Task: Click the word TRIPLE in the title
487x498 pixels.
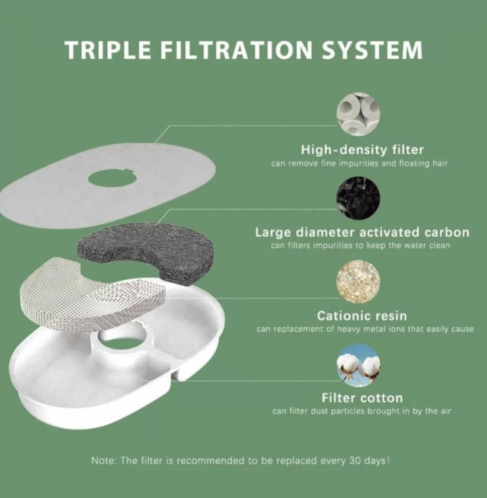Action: pyautogui.click(x=108, y=50)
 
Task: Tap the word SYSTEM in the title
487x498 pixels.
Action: pyautogui.click(x=372, y=50)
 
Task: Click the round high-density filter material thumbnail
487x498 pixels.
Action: pyautogui.click(x=358, y=114)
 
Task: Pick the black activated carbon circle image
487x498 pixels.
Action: pyautogui.click(x=358, y=197)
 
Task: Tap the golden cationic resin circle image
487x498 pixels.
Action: pyautogui.click(x=358, y=282)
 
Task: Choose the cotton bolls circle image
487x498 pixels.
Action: pyautogui.click(x=358, y=365)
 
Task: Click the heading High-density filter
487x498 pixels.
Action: pyautogui.click(x=362, y=150)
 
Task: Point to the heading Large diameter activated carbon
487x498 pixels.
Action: pyautogui.click(x=362, y=232)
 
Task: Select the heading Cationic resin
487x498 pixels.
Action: pyautogui.click(x=361, y=315)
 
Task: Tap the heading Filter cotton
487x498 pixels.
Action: pyautogui.click(x=362, y=398)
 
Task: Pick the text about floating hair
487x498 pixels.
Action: pyautogui.click(x=360, y=164)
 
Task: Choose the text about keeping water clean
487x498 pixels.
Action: pyautogui.click(x=360, y=245)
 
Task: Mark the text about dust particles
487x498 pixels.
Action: pyautogui.click(x=361, y=411)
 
